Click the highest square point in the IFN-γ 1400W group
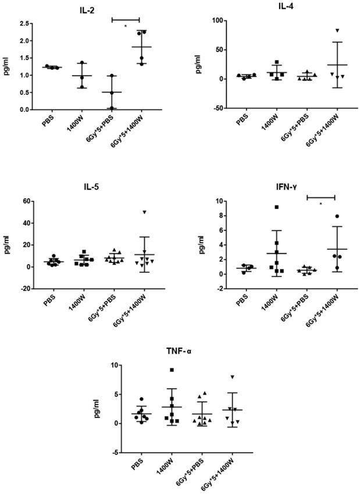pos(277,207)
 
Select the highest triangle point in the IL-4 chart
pos(337,30)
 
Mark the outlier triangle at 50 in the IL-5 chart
pos(144,212)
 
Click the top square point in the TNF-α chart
pos(172,370)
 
